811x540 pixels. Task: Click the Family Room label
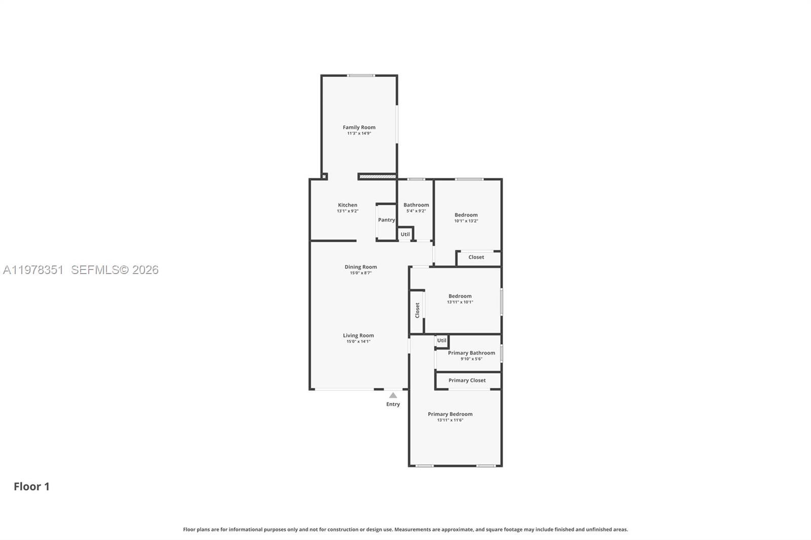[359, 127]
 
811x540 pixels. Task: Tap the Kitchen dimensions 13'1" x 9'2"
[347, 211]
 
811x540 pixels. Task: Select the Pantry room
[386, 220]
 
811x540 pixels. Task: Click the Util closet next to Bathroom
[405, 234]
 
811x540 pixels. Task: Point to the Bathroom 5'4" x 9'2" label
[416, 205]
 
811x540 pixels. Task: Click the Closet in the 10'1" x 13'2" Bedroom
[476, 257]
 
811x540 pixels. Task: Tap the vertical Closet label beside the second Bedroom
[417, 310]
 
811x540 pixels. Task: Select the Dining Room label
[360, 267]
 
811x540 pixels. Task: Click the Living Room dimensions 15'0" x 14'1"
[358, 341]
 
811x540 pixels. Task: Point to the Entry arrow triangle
[393, 395]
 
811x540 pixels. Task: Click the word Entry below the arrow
[393, 404]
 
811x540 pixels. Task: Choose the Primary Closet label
[467, 380]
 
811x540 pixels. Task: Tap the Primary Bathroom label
[471, 353]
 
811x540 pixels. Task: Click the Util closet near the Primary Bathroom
[441, 340]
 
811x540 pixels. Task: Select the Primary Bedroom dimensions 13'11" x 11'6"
[450, 420]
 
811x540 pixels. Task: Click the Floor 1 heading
[31, 486]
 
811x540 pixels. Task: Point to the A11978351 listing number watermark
[33, 270]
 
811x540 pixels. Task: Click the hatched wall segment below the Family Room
[377, 176]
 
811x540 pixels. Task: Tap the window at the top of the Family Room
[361, 75]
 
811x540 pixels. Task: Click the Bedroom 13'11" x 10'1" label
[460, 296]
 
